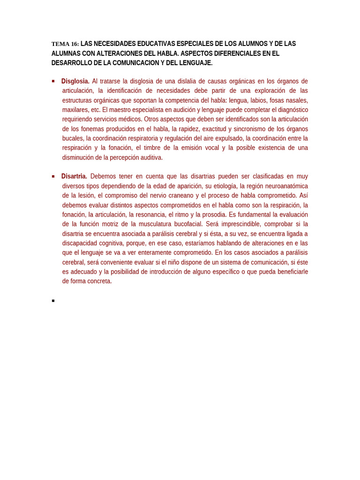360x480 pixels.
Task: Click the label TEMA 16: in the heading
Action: pos(65,44)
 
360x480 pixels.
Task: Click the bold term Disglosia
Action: pos(75,81)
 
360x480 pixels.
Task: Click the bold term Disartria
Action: pos(74,176)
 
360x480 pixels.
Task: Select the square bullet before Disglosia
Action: pos(53,81)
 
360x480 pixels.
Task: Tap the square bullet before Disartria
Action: pos(53,176)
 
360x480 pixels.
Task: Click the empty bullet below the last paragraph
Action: pos(53,300)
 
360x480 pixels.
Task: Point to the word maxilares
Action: pos(75,110)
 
